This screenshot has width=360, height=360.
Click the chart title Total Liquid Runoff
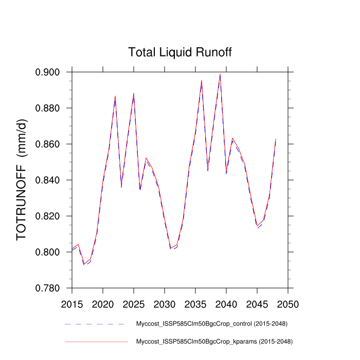(180, 52)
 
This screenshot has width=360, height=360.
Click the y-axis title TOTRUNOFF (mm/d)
(22, 179)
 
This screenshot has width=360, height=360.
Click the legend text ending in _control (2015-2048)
(211, 324)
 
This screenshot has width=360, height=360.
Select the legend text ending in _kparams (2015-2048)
(214, 341)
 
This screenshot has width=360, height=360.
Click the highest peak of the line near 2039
(220, 74)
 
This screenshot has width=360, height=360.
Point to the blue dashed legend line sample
(95, 324)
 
